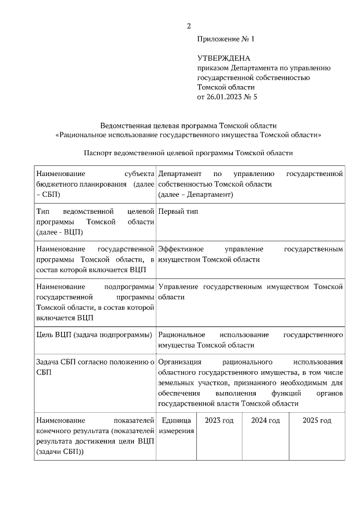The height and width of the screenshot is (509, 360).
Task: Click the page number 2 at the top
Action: (189, 26)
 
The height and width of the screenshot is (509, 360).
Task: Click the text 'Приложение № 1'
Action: (226, 39)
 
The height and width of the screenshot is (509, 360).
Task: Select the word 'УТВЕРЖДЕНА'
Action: (223, 58)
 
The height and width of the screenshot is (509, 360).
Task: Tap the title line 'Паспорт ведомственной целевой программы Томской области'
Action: (188, 153)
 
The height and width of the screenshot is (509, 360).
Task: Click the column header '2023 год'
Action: (219, 421)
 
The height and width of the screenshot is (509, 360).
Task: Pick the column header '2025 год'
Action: (317, 421)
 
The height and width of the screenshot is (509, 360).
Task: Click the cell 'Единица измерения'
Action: (177, 426)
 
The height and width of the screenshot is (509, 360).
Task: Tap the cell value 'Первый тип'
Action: (178, 211)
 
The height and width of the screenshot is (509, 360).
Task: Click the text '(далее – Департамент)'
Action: (195, 195)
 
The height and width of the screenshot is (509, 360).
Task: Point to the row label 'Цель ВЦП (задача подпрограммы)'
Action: (93, 335)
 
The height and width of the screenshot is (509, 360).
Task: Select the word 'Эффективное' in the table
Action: (181, 249)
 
